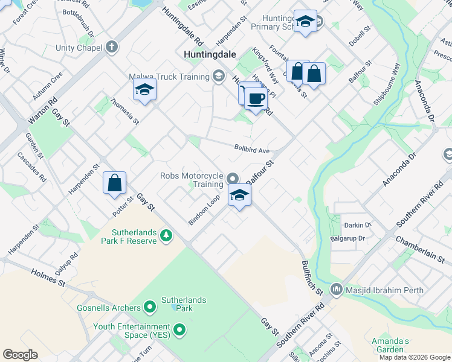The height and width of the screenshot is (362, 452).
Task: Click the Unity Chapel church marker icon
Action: [x=112, y=47]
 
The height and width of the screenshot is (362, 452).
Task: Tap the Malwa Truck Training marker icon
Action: [x=219, y=76]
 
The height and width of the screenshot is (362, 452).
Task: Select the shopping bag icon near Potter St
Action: [x=115, y=182]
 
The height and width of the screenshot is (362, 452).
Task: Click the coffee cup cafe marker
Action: [x=256, y=99]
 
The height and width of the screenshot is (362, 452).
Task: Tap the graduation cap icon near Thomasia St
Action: [x=144, y=91]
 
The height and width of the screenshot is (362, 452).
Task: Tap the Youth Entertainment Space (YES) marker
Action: [x=179, y=330]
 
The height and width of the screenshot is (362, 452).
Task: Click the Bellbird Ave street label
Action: [x=252, y=148]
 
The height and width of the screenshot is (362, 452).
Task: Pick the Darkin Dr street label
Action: [x=358, y=225]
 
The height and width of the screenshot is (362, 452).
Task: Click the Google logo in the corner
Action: [x=21, y=354]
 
